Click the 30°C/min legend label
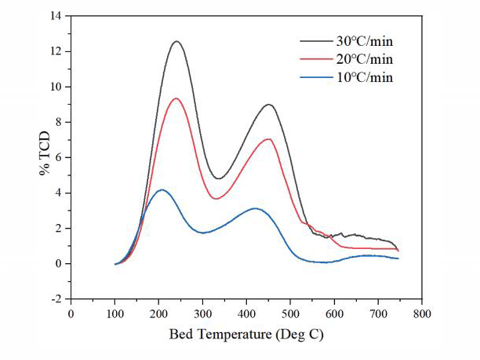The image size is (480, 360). tap(364, 41)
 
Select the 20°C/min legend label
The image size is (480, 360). tap(364, 59)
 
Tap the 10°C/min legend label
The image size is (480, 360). tap(364, 77)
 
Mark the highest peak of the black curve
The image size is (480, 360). tap(176, 41)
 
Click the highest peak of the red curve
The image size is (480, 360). tap(176, 98)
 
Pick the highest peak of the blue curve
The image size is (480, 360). tap(161, 190)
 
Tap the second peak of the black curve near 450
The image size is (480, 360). tap(269, 104)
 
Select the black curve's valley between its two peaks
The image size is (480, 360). tap(218, 178)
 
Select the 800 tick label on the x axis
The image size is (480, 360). tap(422, 314)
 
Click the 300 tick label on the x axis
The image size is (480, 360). tap(203, 314)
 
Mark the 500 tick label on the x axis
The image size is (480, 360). tap(290, 314)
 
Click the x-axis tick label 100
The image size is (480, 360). tap(115, 314)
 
